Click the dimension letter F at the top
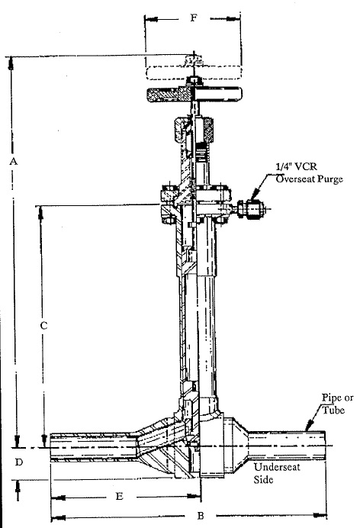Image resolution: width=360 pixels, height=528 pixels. tap(193, 18)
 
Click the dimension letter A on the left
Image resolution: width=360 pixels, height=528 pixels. tap(13, 161)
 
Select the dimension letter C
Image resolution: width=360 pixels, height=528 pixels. tap(43, 326)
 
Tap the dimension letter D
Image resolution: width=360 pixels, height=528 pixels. tap(19, 462)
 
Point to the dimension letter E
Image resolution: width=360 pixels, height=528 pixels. tap(120, 497)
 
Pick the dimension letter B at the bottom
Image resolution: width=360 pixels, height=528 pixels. tap(201, 516)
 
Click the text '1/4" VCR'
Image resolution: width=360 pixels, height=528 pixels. tap(296, 166)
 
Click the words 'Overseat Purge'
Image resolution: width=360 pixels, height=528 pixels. tap(309, 179)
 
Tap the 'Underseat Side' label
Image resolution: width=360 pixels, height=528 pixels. tap(277, 473)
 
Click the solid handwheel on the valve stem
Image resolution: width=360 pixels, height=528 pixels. tap(194, 95)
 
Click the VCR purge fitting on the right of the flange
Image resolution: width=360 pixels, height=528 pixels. tap(250, 209)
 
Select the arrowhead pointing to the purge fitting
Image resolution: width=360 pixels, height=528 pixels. tap(255, 194)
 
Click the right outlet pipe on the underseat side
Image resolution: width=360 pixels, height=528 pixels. tap(287, 446)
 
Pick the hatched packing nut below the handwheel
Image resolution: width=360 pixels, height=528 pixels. tap(194, 130)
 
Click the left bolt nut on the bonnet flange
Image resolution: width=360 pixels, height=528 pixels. tap(168, 192)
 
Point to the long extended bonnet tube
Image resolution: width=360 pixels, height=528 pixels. tap(198, 330)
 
